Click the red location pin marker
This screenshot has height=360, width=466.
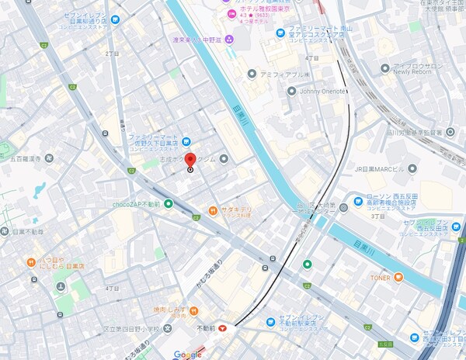click(190, 161)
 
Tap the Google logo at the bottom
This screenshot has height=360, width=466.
click(187, 355)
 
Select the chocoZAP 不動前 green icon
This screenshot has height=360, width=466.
click(169, 204)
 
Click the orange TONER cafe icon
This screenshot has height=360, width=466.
click(398, 277)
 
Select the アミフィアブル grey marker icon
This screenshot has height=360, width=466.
click(252, 74)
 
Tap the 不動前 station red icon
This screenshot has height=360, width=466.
click(224, 328)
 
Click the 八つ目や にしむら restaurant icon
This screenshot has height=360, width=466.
click(31, 261)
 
